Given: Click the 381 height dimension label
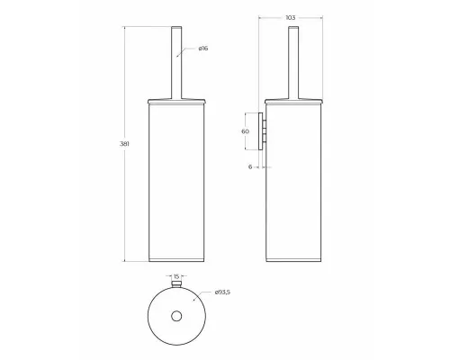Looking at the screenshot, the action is coord(124,144).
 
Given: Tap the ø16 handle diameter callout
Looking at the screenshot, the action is coord(203,49).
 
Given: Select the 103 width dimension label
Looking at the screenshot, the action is coord(291,18).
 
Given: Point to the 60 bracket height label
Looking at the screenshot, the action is coord(245,131).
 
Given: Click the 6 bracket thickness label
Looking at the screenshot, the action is coord(250,166).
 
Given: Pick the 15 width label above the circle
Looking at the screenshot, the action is coord(176,276).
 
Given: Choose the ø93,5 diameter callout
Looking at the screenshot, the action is coord(222,292).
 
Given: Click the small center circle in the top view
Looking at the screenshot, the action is coord(176,316).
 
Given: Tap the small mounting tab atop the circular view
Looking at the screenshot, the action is coord(176,283).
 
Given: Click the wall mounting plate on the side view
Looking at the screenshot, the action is coord(261,131).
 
